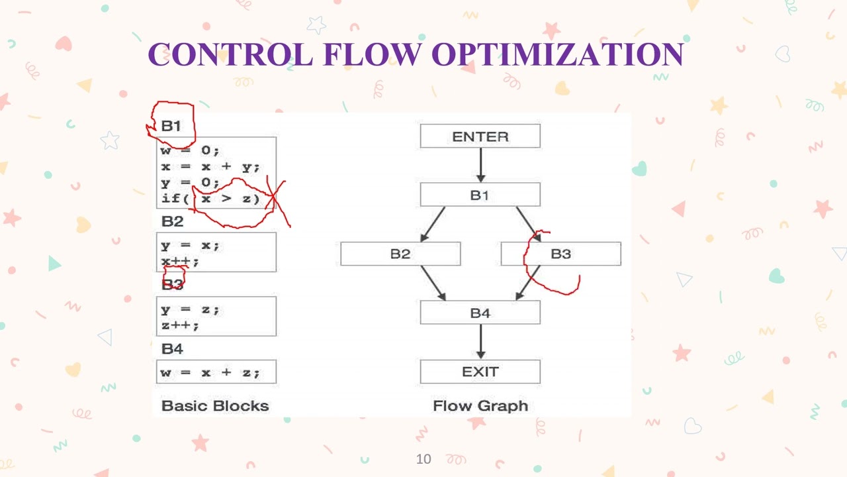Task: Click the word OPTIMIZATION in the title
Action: [x=557, y=54]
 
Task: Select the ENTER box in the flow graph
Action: [x=480, y=136]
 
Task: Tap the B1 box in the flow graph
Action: [x=480, y=195]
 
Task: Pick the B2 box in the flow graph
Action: [x=400, y=254]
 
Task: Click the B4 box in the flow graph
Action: [x=480, y=313]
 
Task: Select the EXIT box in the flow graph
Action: [x=480, y=372]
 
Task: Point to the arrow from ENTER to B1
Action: [x=480, y=165]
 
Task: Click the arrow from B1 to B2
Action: [x=433, y=224]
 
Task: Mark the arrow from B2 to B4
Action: [x=433, y=283]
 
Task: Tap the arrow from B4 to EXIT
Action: [x=480, y=341]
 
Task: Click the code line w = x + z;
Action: [x=210, y=372]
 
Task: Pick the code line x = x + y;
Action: [x=210, y=167]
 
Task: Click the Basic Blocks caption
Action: [x=215, y=405]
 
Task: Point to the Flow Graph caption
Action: [x=480, y=405]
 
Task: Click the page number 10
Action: [x=423, y=458]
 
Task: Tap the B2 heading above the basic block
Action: [x=172, y=221]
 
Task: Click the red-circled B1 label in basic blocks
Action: [x=171, y=126]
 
